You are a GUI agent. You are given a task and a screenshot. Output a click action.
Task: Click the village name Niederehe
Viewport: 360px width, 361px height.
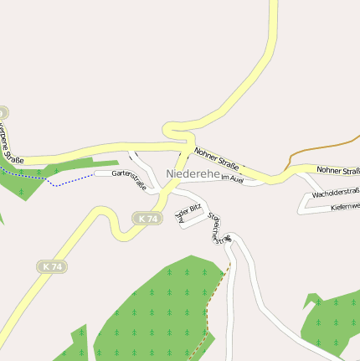[x=193, y=173]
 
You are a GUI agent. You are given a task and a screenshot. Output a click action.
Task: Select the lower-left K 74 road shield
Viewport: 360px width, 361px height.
[x=51, y=266]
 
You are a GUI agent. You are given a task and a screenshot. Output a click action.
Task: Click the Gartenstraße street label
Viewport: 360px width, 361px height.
[x=129, y=180]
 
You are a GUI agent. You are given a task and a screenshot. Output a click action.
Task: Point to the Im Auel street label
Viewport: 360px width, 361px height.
[x=231, y=179]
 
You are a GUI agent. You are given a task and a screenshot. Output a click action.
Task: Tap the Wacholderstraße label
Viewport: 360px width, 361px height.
[x=335, y=193]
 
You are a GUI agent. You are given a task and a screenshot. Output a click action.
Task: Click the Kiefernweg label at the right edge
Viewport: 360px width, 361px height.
[x=345, y=206]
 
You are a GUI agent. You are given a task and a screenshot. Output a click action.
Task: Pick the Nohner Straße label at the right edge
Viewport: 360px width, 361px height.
[x=338, y=170]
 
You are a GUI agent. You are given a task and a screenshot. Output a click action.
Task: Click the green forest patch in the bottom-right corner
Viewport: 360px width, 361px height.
[x=335, y=322]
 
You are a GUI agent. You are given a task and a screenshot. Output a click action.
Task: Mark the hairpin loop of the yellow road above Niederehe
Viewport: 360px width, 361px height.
[x=177, y=131]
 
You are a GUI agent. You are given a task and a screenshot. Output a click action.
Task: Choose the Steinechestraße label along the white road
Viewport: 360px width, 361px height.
[x=217, y=228]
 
